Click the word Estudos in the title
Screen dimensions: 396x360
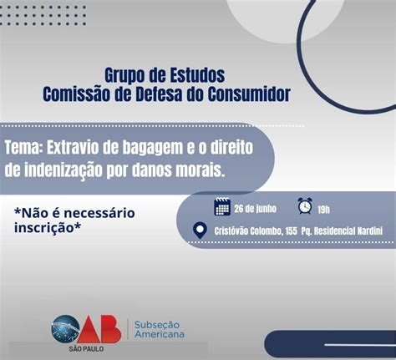point(197,75)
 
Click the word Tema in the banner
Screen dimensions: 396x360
point(23,147)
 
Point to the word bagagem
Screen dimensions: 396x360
point(153,149)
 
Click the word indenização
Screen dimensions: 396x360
point(63,170)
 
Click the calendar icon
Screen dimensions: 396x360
point(222,206)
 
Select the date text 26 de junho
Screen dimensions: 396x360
point(255,209)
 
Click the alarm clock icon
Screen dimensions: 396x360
point(305,206)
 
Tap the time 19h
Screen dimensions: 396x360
point(323,210)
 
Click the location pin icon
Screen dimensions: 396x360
point(200,231)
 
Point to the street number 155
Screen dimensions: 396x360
point(291,231)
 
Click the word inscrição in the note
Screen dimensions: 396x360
point(48,228)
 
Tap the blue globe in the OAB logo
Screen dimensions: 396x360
point(65,329)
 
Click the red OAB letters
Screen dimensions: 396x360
point(99,329)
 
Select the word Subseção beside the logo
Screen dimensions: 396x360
point(157,325)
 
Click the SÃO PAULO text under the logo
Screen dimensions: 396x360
point(86,349)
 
